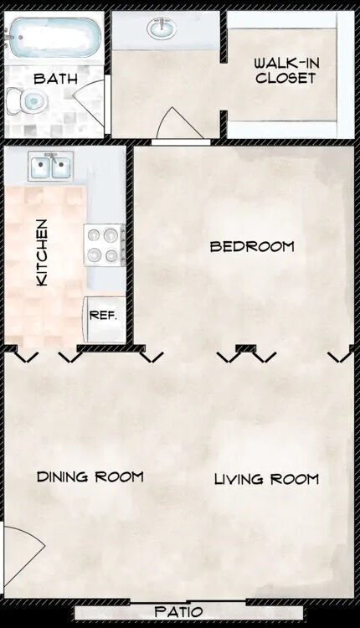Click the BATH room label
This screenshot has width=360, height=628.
[x=55, y=79]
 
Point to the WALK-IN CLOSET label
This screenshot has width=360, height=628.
[x=285, y=70]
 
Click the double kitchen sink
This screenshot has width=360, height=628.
[x=49, y=167]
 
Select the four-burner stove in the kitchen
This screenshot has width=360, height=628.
[x=104, y=245]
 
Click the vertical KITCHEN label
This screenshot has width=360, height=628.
[x=41, y=253]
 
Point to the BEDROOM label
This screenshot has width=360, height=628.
[x=251, y=246]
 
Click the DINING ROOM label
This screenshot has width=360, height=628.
[x=90, y=476]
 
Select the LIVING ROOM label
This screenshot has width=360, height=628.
[x=266, y=479]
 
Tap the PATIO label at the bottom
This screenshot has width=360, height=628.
[x=179, y=612]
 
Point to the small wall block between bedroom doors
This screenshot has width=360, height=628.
[x=245, y=347]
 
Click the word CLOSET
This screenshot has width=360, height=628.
[x=285, y=78]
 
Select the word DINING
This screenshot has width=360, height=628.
[x=64, y=476]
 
